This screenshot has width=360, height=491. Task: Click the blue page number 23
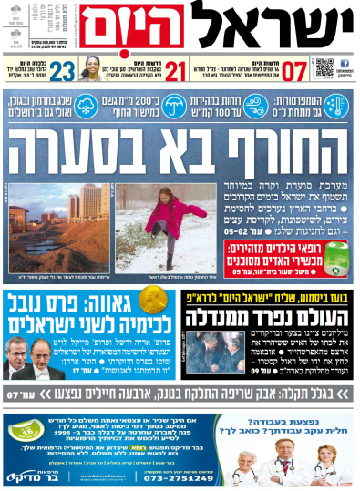(63, 70)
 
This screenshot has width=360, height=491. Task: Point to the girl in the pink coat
(170, 222)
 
